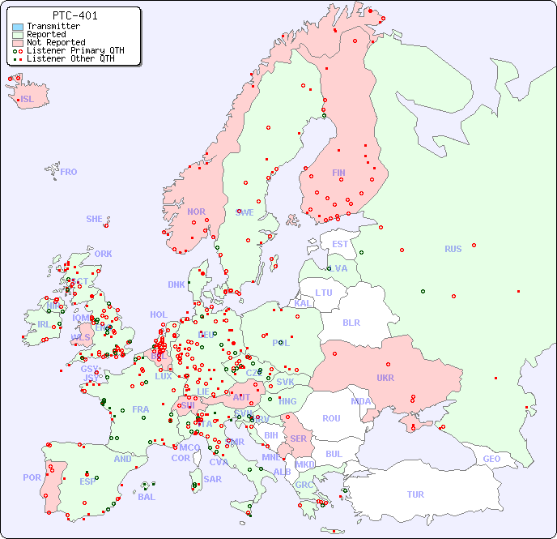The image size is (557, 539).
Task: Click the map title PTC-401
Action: coord(74,15)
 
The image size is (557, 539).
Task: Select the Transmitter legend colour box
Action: coord(18,27)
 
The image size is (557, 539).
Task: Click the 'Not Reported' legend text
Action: coord(56,42)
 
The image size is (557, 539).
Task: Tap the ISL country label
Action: coord(28,100)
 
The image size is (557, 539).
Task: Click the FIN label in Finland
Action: coord(338,173)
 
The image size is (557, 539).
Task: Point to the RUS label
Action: coord(453,250)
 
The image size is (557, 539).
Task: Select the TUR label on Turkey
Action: coord(415,494)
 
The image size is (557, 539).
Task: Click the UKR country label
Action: coord(385,378)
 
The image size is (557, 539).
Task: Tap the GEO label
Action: coord(491,459)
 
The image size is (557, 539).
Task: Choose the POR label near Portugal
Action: coord(32,477)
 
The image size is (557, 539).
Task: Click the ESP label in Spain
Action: coord(87,481)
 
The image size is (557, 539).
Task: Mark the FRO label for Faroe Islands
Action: coord(69,172)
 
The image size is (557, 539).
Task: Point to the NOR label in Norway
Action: coord(196,212)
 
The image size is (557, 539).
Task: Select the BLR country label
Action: coord(351,322)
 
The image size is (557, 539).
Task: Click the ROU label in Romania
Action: coord(331,418)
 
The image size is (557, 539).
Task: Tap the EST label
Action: coord(340,244)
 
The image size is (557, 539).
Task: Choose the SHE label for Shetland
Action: coord(95,219)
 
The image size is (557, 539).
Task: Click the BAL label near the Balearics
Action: coord(147,497)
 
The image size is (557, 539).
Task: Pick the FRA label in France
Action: coord(141,409)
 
